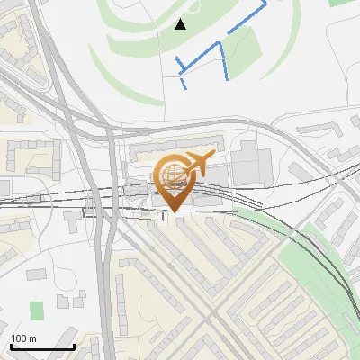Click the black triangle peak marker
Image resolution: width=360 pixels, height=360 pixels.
[181, 24]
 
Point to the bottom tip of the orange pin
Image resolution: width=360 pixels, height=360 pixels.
[175, 212]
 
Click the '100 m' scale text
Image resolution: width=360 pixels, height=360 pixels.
[23, 338]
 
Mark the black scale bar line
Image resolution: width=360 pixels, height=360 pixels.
[41, 346]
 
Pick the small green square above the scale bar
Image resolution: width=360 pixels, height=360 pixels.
[36, 310]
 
